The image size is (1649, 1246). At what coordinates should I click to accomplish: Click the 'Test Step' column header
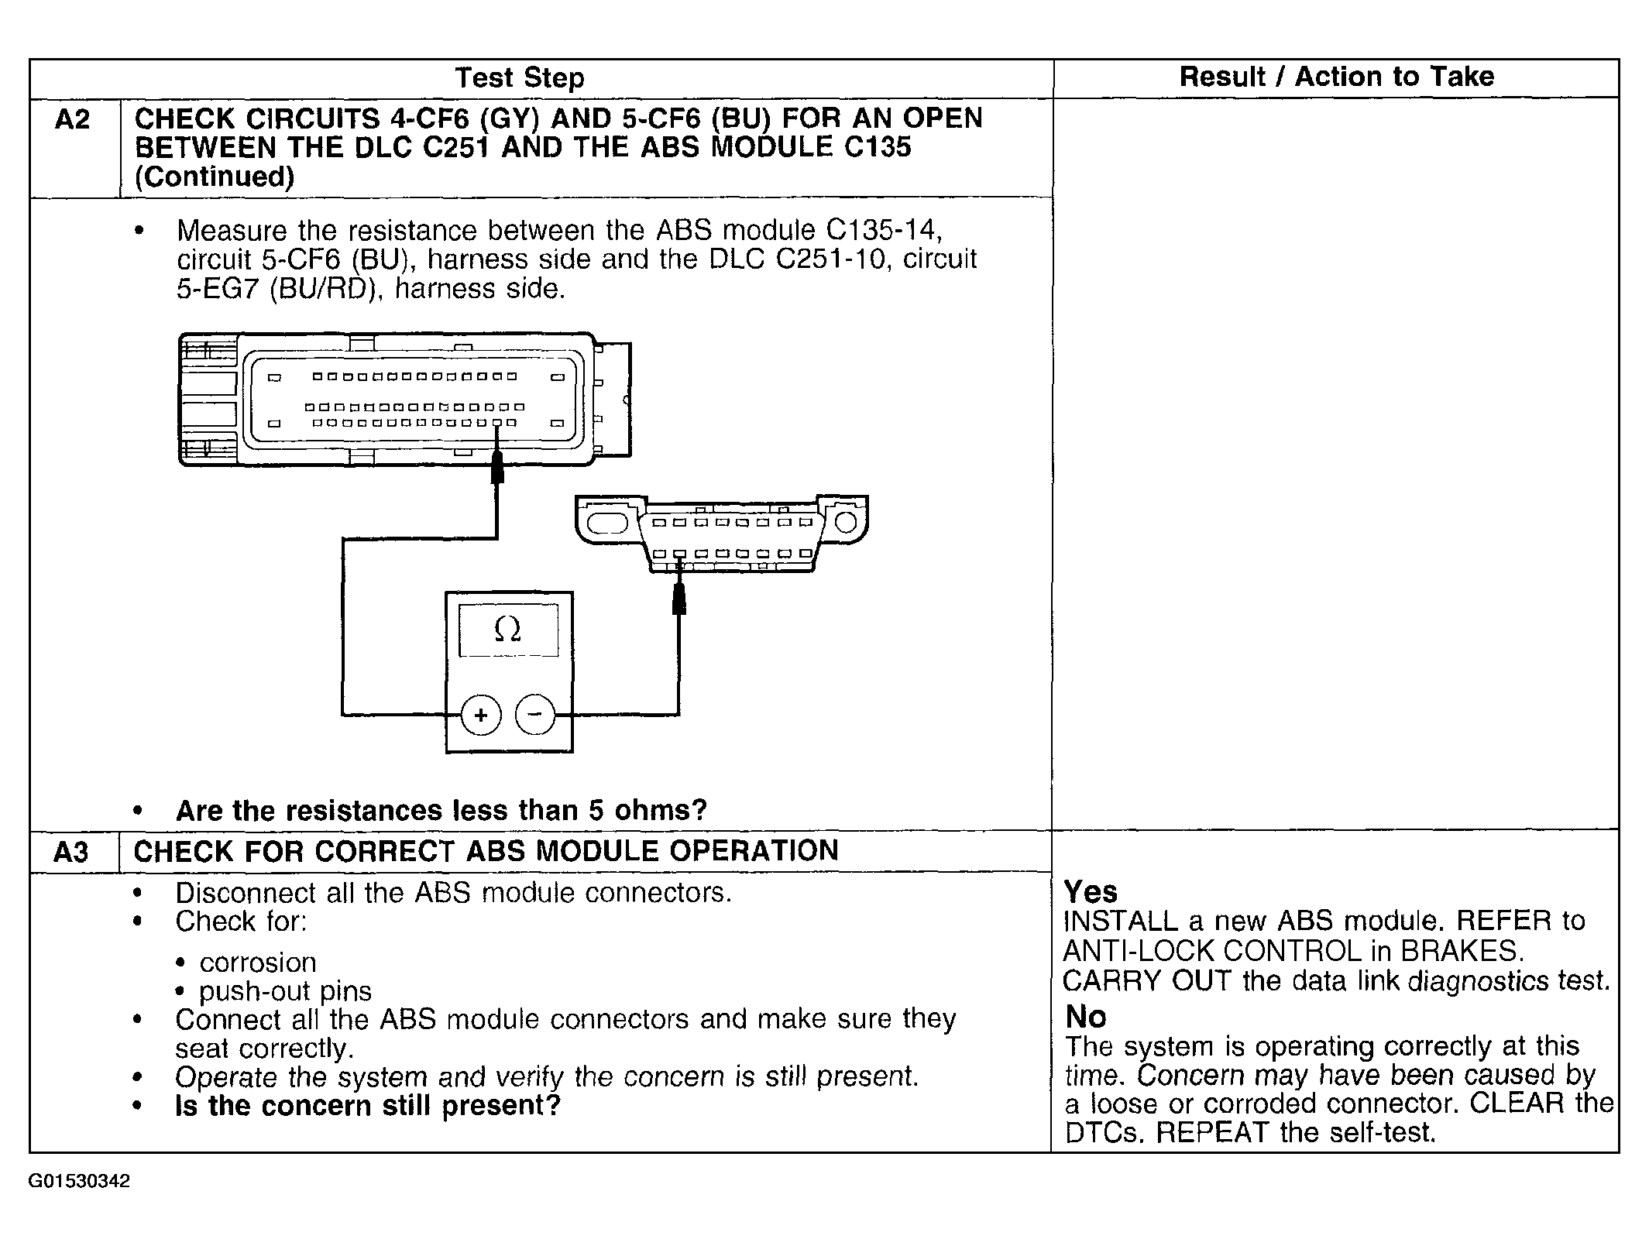[x=519, y=78]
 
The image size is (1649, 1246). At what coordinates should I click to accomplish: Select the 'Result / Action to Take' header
[x=1336, y=77]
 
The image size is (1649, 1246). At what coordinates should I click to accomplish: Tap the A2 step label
[x=72, y=120]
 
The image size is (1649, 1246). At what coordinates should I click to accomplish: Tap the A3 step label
[x=70, y=853]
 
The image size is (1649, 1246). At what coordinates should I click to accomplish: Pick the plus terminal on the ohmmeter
[x=481, y=714]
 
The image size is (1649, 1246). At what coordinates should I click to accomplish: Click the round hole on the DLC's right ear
[x=846, y=522]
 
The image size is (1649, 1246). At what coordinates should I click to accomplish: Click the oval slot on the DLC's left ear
[x=607, y=523]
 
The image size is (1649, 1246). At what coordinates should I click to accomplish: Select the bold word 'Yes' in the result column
[x=1091, y=892]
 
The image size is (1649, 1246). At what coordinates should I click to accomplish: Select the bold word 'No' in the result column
[x=1086, y=1016]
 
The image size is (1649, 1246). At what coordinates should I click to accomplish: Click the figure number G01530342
[x=80, y=1182]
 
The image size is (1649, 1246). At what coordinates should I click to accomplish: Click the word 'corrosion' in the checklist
[x=258, y=963]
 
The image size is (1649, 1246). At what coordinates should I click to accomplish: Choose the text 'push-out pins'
[x=285, y=991]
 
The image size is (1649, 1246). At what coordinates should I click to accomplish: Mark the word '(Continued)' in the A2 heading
[x=215, y=177]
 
